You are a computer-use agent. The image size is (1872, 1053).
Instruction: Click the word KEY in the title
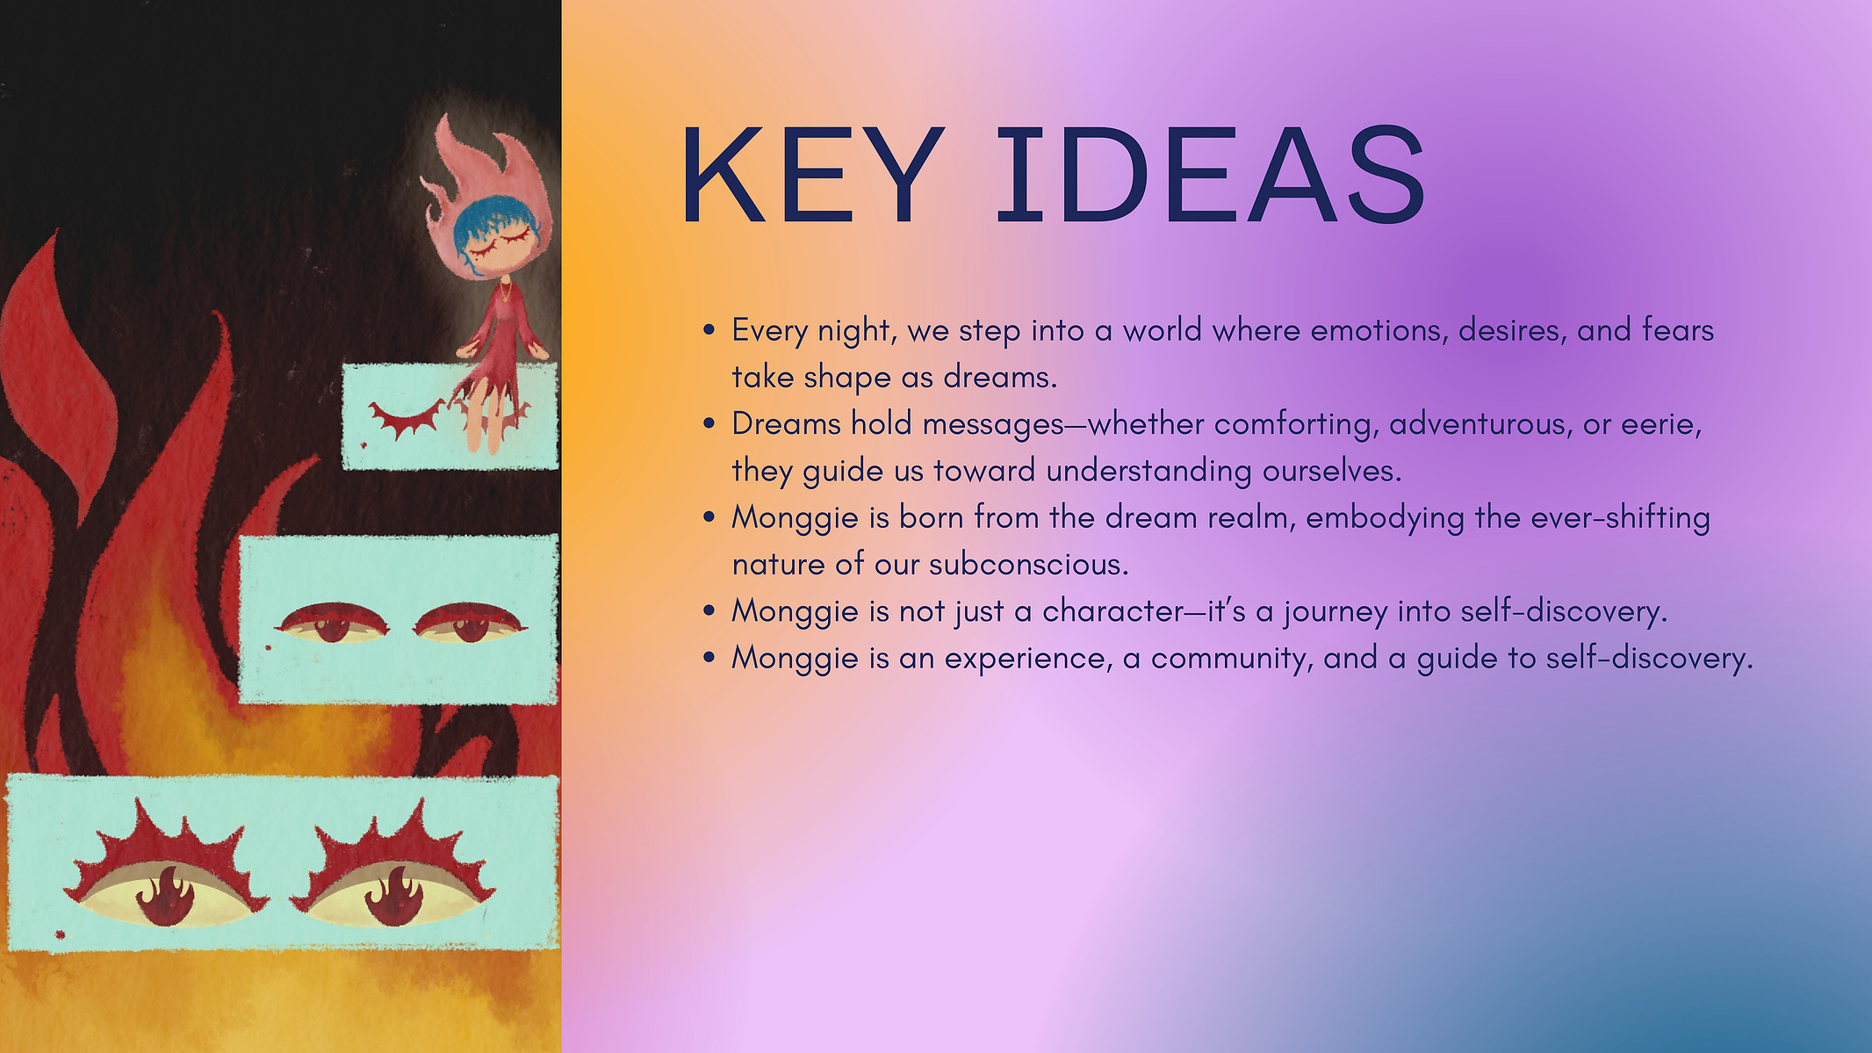[812, 174]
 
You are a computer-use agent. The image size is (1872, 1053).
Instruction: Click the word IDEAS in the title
[1211, 174]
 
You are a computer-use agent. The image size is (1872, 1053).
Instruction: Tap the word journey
[1335, 612]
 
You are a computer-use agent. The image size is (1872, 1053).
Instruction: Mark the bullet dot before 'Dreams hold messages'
[709, 424]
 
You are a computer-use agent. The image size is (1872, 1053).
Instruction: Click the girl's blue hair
[488, 224]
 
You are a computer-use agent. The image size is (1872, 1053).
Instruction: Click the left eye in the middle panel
[332, 623]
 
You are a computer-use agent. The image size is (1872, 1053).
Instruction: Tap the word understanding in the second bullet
[1148, 472]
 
